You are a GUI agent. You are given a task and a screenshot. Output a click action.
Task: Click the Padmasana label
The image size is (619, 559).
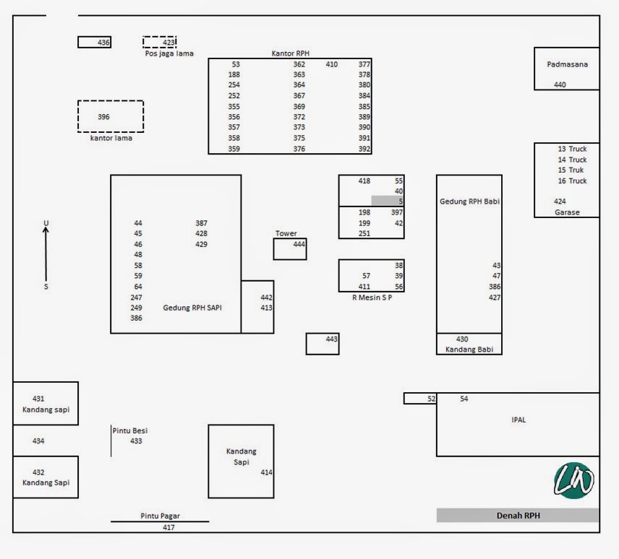567,64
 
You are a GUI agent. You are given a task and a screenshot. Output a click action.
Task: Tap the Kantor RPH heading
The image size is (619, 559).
290,53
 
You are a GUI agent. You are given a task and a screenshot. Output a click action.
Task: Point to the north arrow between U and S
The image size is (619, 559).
46,253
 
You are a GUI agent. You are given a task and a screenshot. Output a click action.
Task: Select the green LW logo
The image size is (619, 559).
574,480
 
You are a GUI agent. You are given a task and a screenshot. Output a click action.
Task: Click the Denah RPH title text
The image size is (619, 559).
518,516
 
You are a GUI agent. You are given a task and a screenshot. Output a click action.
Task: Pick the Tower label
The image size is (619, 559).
286,233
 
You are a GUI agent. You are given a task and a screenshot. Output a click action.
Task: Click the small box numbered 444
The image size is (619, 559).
290,248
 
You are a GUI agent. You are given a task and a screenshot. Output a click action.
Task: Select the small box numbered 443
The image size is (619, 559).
323,344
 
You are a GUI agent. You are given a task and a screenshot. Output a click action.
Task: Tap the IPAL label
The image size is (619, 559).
518,420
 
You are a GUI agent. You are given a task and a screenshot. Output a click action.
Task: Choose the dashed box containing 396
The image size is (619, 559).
111,116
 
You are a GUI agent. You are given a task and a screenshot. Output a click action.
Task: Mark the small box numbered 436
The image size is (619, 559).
94,42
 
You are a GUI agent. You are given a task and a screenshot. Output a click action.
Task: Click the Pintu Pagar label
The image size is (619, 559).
160,516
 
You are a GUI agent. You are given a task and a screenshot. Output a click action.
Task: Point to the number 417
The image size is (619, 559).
168,527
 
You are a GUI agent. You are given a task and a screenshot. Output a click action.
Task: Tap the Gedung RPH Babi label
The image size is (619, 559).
470,201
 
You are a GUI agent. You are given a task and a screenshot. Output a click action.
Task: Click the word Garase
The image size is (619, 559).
567,212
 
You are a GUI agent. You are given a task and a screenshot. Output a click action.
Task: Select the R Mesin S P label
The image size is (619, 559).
371,297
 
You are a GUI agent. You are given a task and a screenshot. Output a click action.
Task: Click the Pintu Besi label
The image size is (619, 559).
130,430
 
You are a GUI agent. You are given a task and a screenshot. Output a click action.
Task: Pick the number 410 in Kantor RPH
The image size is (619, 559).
331,64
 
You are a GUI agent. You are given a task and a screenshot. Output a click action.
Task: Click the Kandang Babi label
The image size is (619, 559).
469,350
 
